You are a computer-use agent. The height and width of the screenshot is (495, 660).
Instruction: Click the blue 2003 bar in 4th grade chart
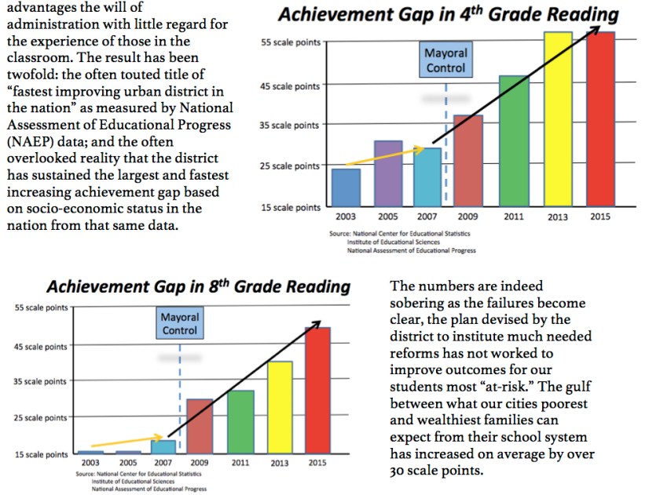pyautogui.click(x=346, y=186)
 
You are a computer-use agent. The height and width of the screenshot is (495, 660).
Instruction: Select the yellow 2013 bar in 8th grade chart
pyautogui.click(x=280, y=407)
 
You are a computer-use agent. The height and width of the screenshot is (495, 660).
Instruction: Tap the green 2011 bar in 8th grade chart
pyautogui.click(x=241, y=422)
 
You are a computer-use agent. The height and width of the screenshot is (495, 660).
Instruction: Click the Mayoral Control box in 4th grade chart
pyautogui.click(x=445, y=60)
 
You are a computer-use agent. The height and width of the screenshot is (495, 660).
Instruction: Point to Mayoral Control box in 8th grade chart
pyautogui.click(x=180, y=324)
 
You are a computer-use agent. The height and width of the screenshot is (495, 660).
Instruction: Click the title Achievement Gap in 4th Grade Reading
pyautogui.click(x=448, y=15)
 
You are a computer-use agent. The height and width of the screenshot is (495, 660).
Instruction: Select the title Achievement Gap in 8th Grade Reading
pyautogui.click(x=198, y=286)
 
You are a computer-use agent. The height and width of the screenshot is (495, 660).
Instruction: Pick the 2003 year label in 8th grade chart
pyautogui.click(x=90, y=463)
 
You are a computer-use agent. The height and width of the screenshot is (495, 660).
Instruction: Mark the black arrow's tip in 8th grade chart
pyautogui.click(x=320, y=322)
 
